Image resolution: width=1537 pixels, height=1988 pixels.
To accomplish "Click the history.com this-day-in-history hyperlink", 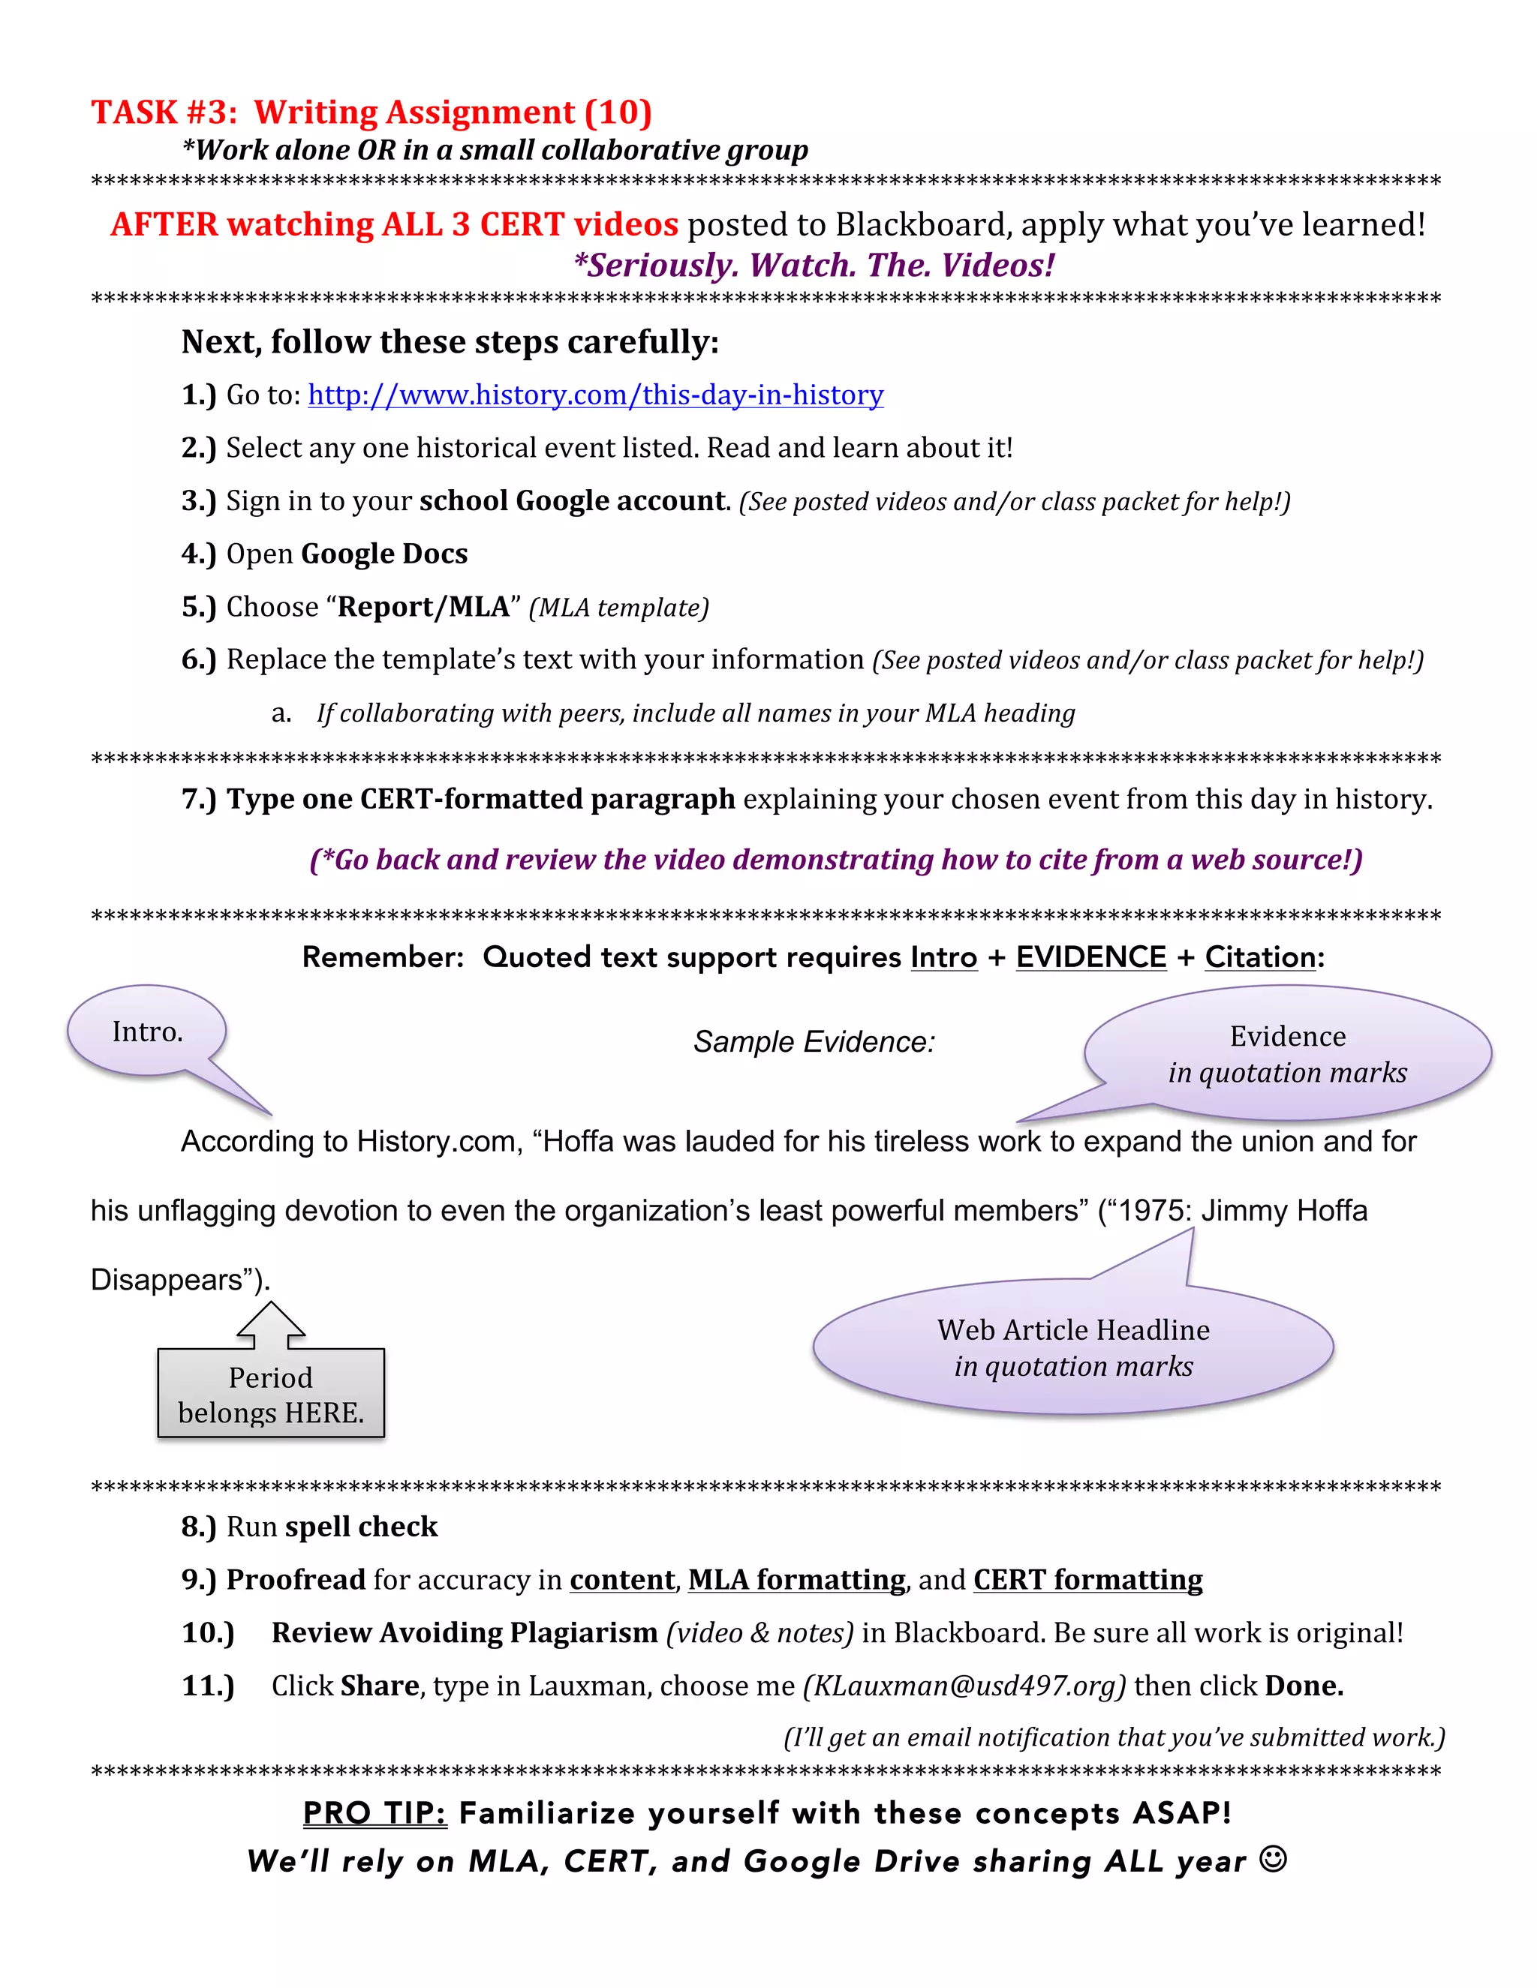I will click(x=595, y=395).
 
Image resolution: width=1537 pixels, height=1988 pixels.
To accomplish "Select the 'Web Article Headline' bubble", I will click(x=1072, y=1347).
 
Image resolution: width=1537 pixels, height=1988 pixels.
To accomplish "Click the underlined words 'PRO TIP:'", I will click(x=374, y=1812).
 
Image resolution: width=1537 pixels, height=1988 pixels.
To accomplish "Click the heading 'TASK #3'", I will click(x=164, y=112).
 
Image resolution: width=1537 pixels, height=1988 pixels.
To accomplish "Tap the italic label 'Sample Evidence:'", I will click(x=813, y=1041).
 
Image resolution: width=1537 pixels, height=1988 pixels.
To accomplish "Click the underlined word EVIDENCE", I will click(x=1090, y=956).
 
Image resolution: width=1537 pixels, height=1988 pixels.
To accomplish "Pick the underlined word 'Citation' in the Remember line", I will click(x=1259, y=956).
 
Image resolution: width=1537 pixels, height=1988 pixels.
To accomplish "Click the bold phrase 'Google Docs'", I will click(x=383, y=554).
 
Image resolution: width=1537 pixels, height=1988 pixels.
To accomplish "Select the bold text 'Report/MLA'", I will click(x=423, y=606).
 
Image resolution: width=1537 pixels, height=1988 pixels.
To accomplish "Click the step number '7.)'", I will click(x=198, y=798).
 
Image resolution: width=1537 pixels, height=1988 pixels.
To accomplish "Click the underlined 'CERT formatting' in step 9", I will click(x=1087, y=1579).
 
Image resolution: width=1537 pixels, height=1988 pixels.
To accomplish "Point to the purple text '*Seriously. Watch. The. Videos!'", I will click(x=813, y=265).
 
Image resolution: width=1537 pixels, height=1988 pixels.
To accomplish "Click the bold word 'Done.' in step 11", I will click(x=1304, y=1686).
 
